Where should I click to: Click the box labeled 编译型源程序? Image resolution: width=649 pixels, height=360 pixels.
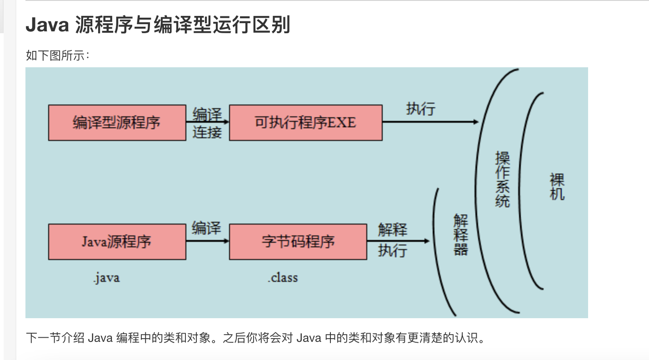click(117, 123)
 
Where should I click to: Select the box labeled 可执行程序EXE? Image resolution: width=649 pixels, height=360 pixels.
click(305, 123)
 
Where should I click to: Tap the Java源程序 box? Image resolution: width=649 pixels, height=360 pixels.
click(117, 241)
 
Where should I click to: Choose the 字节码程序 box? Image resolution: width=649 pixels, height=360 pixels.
click(298, 241)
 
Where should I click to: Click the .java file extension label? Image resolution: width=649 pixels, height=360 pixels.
click(106, 277)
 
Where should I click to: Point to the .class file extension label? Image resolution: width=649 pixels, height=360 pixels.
click(283, 277)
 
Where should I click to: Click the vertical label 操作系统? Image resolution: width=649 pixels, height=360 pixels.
click(503, 180)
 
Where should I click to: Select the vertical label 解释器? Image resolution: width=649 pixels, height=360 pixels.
click(460, 235)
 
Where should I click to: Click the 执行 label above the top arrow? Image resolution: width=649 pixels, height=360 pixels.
click(420, 109)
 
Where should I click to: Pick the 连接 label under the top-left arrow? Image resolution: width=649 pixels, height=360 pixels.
click(207, 132)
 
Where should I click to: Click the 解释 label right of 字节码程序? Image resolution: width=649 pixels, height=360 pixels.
click(392, 230)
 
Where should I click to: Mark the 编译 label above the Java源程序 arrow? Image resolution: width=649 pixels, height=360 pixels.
click(206, 228)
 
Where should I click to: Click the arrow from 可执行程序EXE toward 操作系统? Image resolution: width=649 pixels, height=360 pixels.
click(430, 122)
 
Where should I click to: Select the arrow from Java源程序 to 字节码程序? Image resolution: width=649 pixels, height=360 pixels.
click(207, 241)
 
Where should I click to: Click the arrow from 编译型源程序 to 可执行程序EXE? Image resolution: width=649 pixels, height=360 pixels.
click(207, 122)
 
